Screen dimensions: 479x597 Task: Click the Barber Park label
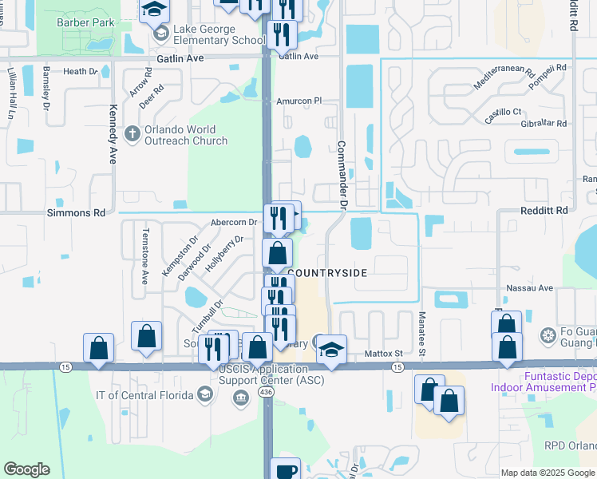(85, 22)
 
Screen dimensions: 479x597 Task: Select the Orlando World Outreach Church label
(185, 135)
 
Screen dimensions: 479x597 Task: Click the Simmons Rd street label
(77, 213)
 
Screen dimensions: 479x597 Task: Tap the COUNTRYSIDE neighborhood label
(327, 273)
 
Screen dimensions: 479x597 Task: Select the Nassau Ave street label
(529, 287)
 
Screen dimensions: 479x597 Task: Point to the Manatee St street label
(421, 326)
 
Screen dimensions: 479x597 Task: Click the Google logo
(26, 469)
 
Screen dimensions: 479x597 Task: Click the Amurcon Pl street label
(298, 101)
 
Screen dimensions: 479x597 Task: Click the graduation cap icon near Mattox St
(331, 350)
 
